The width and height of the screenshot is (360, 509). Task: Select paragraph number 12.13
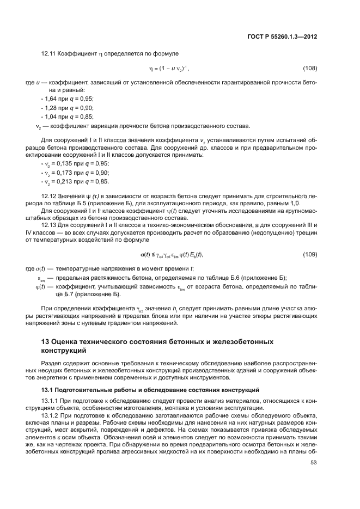coord(49,225)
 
